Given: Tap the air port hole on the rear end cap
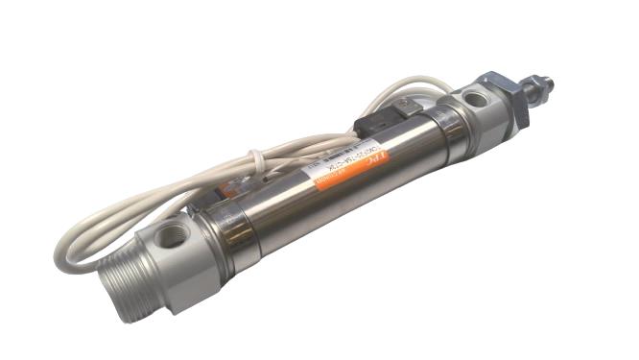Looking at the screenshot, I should (172, 233).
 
